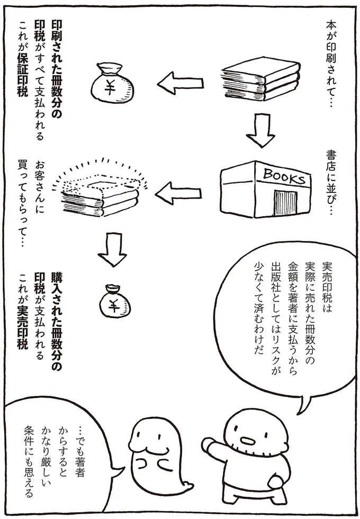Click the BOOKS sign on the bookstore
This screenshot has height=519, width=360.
(283, 176)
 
